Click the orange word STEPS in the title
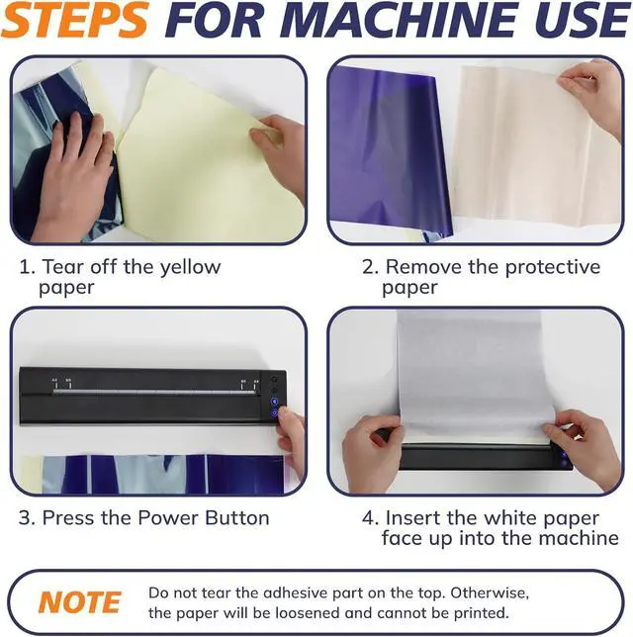coord(74,20)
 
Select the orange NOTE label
coord(80,602)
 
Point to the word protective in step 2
coord(553,268)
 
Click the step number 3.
coord(25,518)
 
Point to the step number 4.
coord(369,518)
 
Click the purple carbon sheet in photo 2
coord(390,150)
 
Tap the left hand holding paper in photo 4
coord(372,451)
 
